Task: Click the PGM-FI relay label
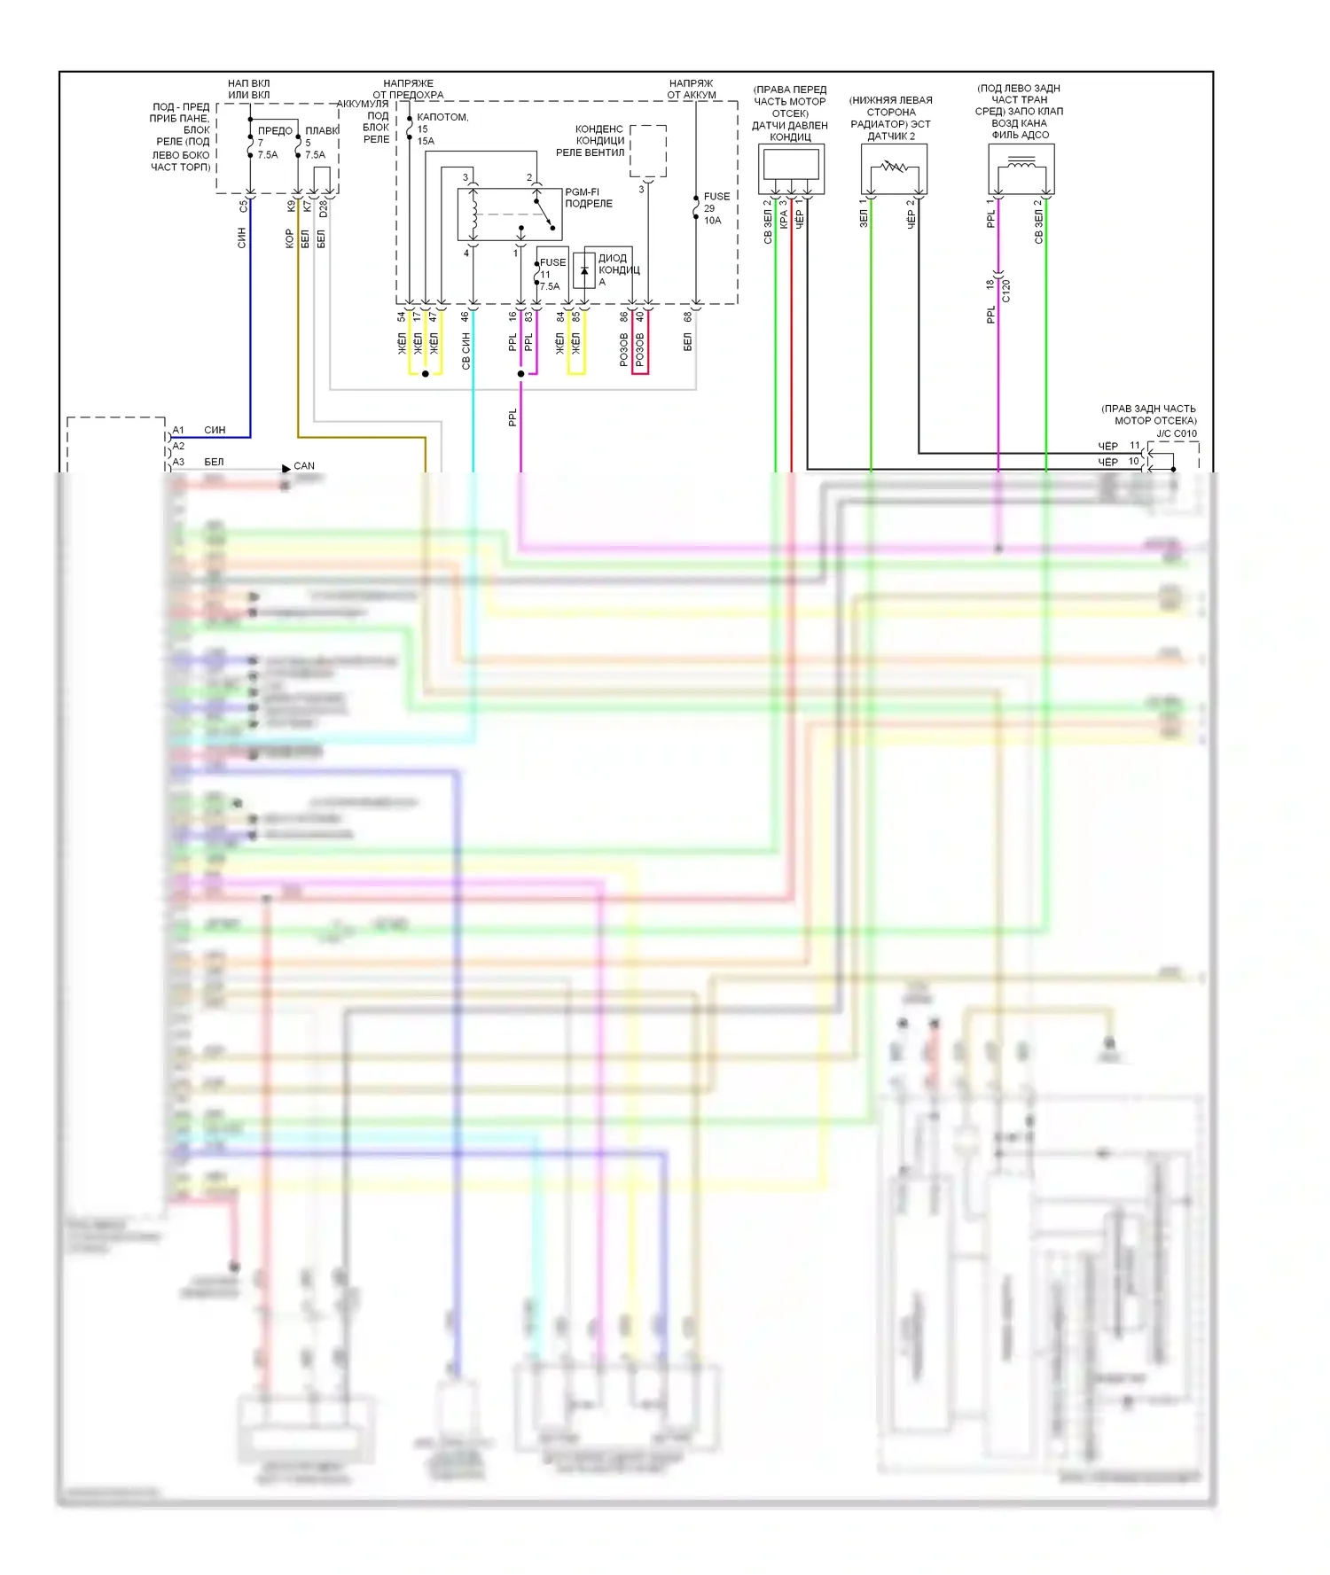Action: [x=588, y=198]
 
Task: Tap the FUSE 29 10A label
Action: [x=716, y=208]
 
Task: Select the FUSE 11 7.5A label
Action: [x=552, y=274]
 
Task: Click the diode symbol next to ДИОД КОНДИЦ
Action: [x=584, y=270]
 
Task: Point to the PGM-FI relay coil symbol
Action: [x=473, y=214]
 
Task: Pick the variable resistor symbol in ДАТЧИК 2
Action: [x=894, y=167]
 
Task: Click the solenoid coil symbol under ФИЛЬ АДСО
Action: [x=1021, y=163]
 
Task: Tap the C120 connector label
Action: [x=1006, y=291]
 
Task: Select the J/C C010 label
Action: [x=1177, y=433]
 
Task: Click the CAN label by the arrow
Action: [x=304, y=466]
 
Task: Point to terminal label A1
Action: [x=178, y=431]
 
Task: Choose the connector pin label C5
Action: [x=243, y=207]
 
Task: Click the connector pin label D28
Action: [x=323, y=209]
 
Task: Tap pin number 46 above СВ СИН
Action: [x=465, y=316]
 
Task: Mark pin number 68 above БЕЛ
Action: [x=688, y=316]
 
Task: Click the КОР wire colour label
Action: [x=289, y=238]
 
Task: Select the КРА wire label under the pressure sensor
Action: [x=784, y=220]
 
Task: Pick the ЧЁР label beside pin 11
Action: [x=1108, y=446]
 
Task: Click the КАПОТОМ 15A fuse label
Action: [x=441, y=129]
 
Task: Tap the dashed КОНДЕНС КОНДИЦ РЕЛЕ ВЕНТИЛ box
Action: [x=648, y=151]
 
